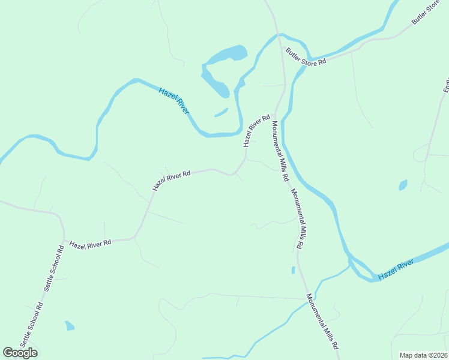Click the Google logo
(x=20, y=352)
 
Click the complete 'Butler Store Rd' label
(x=306, y=57)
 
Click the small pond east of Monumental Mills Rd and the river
(x=403, y=185)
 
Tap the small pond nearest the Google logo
(x=70, y=326)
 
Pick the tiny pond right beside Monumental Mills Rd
(x=293, y=270)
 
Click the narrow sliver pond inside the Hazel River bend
(x=221, y=112)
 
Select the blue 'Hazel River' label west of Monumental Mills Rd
(x=174, y=100)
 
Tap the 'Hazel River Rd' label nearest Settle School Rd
(x=91, y=244)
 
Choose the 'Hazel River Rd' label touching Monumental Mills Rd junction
(x=257, y=131)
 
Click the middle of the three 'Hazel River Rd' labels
(x=171, y=180)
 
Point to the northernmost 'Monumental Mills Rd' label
(x=280, y=152)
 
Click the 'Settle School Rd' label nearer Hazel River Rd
(x=53, y=268)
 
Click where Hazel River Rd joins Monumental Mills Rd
(x=275, y=114)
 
